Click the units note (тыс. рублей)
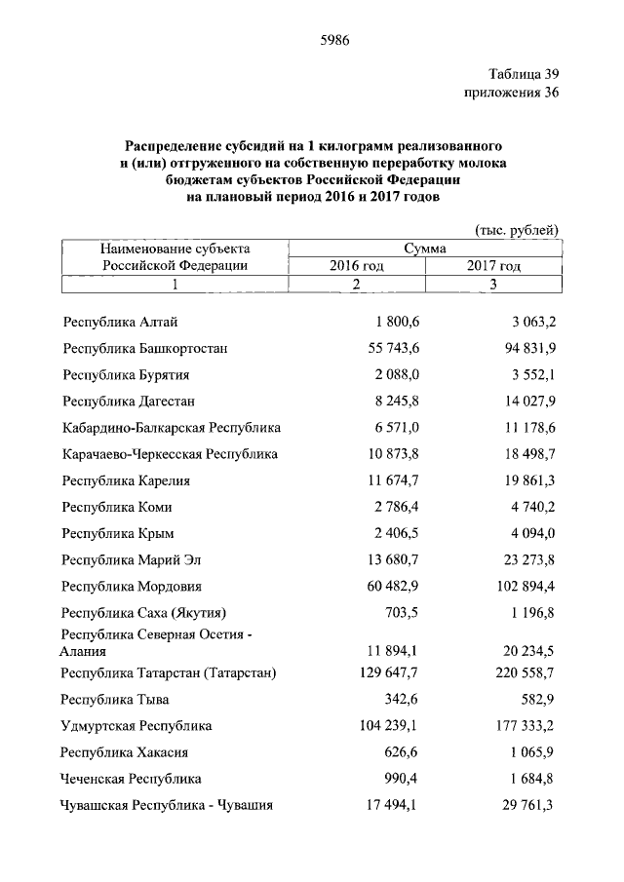point(517,230)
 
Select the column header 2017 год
point(492,265)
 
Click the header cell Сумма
point(424,249)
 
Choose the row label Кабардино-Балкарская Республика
point(171,427)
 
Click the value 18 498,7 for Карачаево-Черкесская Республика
point(525,453)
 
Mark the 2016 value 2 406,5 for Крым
point(395,532)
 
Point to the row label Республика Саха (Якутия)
point(143,613)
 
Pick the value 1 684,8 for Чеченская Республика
point(528,779)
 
